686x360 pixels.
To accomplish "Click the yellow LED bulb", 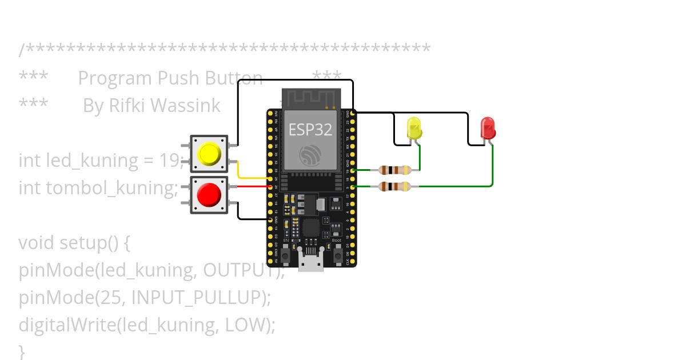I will [414, 128].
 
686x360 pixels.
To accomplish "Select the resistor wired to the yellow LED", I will [394, 170].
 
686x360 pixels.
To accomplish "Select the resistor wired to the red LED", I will [394, 186].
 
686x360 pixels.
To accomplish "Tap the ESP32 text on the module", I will [310, 130].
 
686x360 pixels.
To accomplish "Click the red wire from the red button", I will [252, 186].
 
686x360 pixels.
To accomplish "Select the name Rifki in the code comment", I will [131, 106].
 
